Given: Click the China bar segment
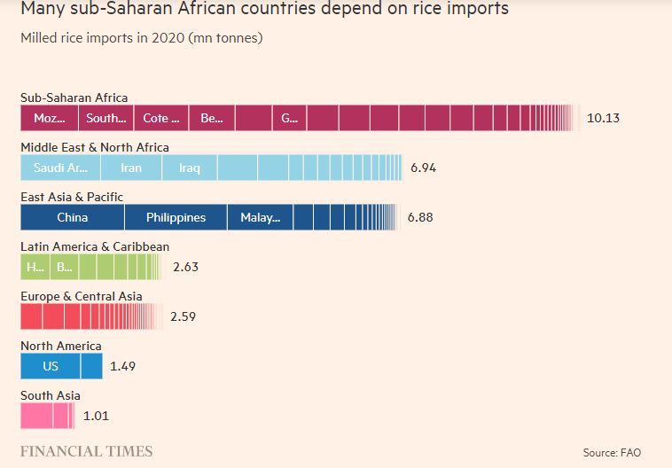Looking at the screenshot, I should [72, 217].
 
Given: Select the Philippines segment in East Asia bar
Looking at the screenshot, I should [176, 217].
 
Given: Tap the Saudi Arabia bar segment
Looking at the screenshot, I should [59, 168].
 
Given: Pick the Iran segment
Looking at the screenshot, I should [131, 168].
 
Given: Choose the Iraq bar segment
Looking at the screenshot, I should [190, 168].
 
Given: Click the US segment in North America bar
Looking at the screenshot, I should [50, 366].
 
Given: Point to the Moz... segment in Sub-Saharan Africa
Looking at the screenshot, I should [50, 118].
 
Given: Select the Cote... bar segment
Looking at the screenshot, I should [161, 118].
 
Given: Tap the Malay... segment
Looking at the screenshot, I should [260, 217].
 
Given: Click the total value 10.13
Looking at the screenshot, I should [603, 118].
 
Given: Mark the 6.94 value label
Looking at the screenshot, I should [424, 168].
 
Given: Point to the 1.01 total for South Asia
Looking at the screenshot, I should [96, 415].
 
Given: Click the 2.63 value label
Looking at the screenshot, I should [187, 266].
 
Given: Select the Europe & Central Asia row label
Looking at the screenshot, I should [81, 296].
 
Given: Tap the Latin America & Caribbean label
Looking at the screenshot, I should [95, 246].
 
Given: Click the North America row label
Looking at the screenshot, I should [61, 346].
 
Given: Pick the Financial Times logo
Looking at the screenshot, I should [86, 451].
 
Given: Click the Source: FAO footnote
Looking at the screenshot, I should [613, 453].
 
